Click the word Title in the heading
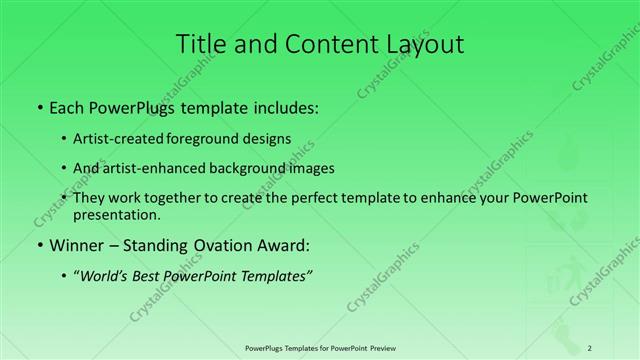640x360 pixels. pyautogui.click(x=201, y=44)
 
